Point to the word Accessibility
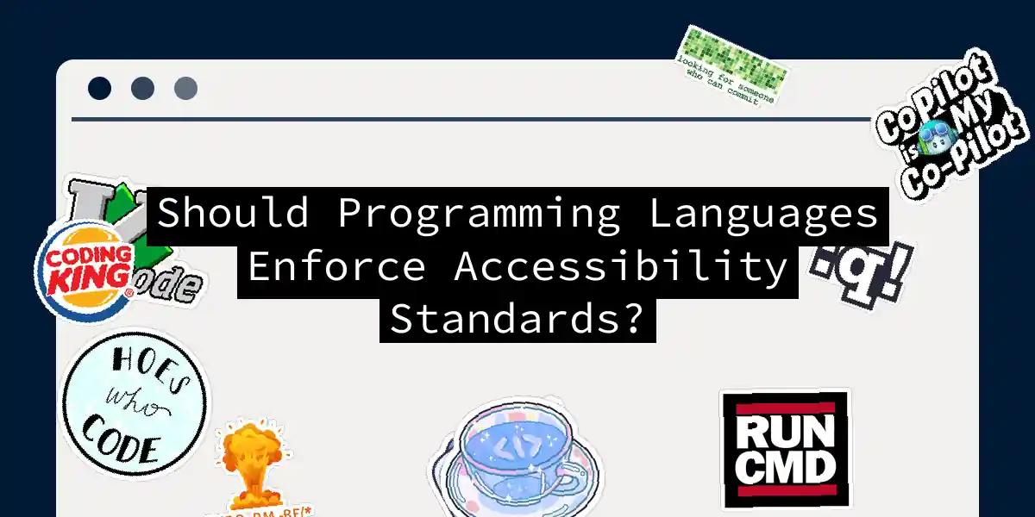[x=620, y=267]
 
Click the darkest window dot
[x=99, y=88]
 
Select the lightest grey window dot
[x=185, y=88]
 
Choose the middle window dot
[x=142, y=88]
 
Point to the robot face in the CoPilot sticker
[x=930, y=134]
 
